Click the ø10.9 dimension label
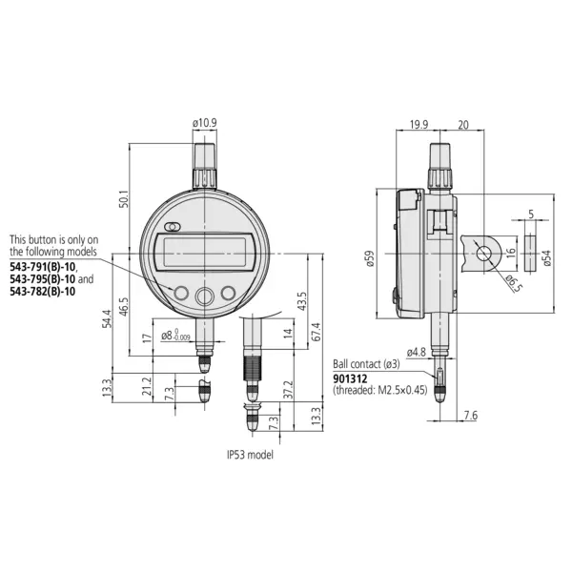coord(205,123)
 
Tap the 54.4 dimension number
coord(108,318)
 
